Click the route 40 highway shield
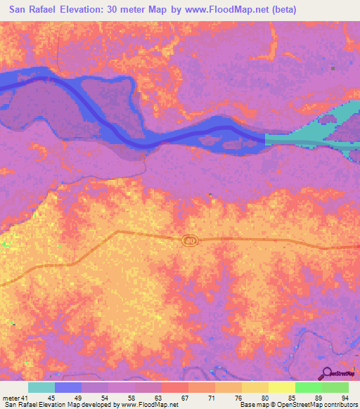pos(190,240)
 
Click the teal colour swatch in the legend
pos(41,387)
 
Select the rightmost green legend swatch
pos(335,387)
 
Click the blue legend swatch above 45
pos(68,387)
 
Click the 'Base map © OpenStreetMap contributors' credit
pos(298,405)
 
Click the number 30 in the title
pos(134,10)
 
